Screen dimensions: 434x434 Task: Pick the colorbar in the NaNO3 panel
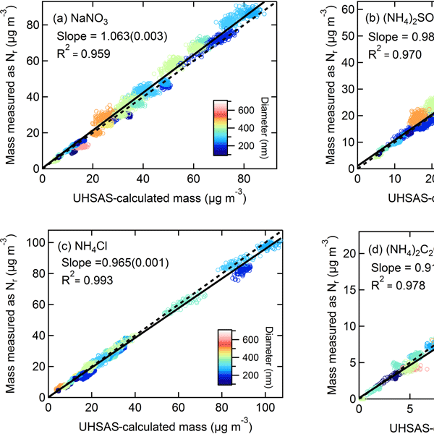(222, 128)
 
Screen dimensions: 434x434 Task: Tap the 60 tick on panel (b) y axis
(348, 9)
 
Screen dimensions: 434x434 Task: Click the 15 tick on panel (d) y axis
(349, 289)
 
